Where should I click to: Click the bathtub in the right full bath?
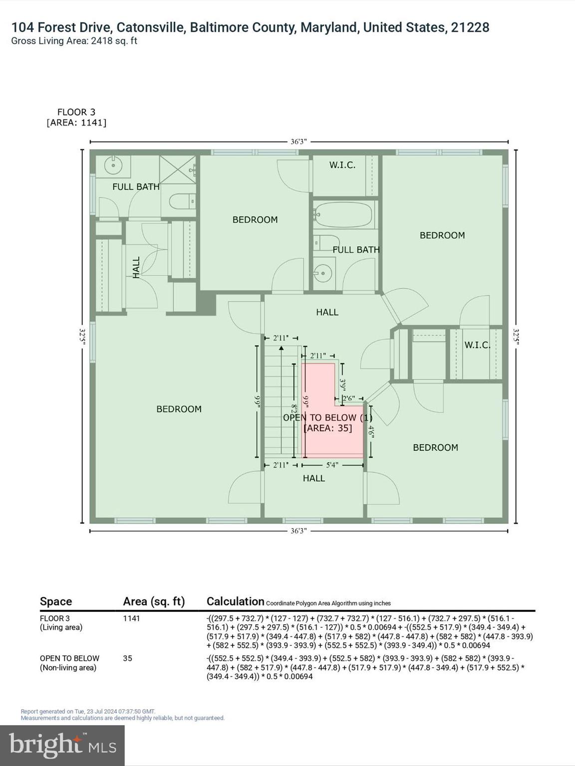[x=344, y=214]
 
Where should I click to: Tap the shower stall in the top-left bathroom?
[x=177, y=170]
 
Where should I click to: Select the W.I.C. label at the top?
[x=342, y=165]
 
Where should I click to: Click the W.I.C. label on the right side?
[x=477, y=345]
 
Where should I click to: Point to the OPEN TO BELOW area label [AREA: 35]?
[x=328, y=428]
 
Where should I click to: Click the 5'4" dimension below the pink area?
[x=332, y=465]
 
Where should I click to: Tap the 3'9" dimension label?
[x=343, y=384]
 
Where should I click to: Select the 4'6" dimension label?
[x=371, y=431]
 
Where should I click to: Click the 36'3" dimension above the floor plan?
[x=298, y=142]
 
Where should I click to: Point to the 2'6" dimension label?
[x=348, y=398]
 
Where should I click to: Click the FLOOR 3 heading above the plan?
[x=76, y=112]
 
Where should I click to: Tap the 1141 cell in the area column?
[x=132, y=618]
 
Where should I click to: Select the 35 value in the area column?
[x=128, y=658]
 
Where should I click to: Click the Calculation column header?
[x=235, y=601]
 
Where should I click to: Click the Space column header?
[x=56, y=601]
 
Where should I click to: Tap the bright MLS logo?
[x=62, y=746]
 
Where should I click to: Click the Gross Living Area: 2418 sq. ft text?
[x=74, y=41]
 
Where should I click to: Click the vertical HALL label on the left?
[x=136, y=267]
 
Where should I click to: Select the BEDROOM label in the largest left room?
[x=179, y=409]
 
